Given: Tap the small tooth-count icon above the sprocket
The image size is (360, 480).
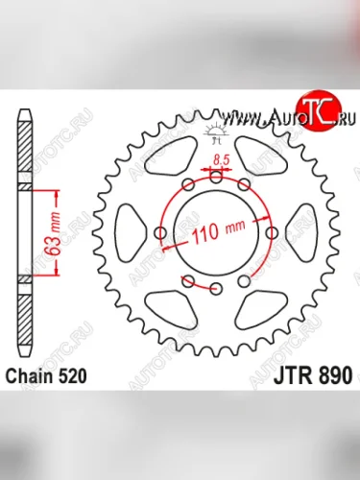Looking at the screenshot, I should point(214,131).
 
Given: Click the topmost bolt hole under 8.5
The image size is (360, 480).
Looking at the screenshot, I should point(216,176).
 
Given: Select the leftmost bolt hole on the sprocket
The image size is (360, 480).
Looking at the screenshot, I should point(160,231).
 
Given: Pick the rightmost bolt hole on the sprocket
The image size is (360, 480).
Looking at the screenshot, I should point(272,231).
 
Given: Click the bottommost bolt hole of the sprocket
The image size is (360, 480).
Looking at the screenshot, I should point(216,288).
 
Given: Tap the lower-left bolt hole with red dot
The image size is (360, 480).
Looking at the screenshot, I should point(188,281).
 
